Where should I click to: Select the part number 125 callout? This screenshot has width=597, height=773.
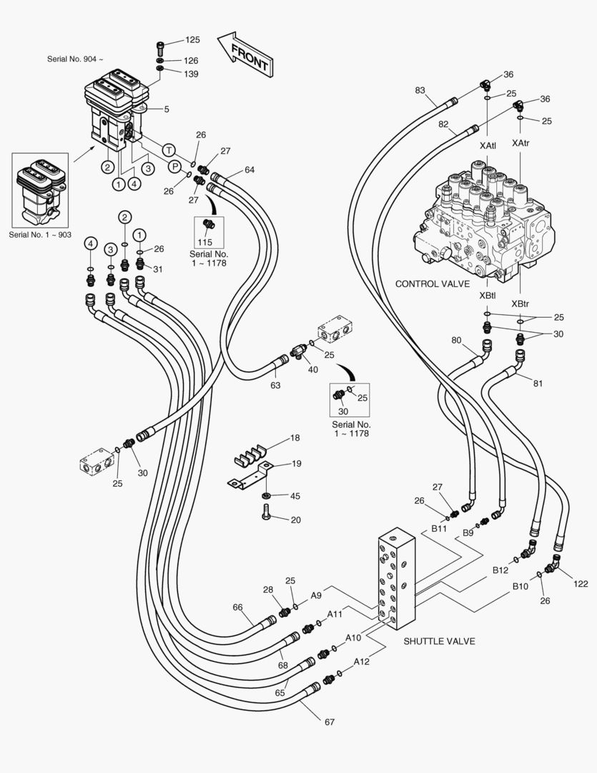point(192,40)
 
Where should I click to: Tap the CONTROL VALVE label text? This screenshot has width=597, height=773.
point(433,284)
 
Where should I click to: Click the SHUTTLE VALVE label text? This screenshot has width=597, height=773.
point(439,641)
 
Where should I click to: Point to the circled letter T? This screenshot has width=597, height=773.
point(169,150)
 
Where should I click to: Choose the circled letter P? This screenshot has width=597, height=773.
point(174,165)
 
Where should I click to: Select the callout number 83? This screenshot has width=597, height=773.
point(420,90)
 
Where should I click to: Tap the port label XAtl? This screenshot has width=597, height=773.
point(488,145)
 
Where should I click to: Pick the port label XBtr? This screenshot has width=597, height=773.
point(520,303)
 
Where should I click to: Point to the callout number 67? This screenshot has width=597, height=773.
point(330,722)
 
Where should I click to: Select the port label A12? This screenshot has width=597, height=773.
point(361,662)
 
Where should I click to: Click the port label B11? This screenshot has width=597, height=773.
point(438,529)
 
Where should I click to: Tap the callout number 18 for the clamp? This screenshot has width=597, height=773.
point(295,437)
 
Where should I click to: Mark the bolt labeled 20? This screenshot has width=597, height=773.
point(265,513)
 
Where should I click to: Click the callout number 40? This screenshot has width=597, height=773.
point(312,369)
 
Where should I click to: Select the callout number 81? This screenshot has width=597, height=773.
point(537,384)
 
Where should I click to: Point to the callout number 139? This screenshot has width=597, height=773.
point(192,74)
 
